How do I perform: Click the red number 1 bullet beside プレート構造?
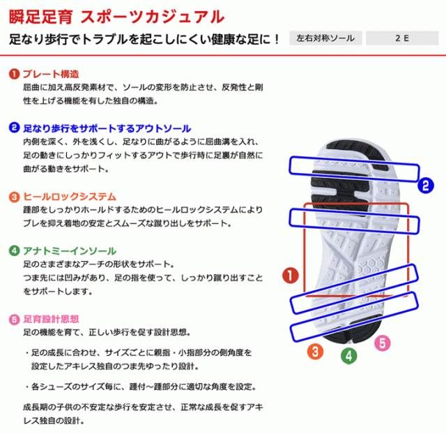[13, 74]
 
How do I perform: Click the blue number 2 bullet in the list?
[13, 128]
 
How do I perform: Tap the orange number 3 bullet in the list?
[13, 197]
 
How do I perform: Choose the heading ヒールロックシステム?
[69, 197]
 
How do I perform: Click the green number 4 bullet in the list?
[13, 250]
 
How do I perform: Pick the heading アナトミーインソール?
[69, 250]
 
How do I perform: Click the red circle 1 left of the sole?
[291, 275]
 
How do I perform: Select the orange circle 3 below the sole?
[316, 351]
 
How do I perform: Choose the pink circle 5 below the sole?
[381, 343]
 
